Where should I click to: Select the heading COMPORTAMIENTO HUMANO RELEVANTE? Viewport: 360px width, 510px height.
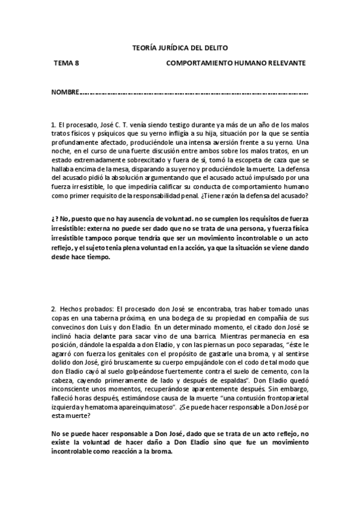tap(236, 63)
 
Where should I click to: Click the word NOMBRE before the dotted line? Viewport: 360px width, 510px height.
tap(65, 93)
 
